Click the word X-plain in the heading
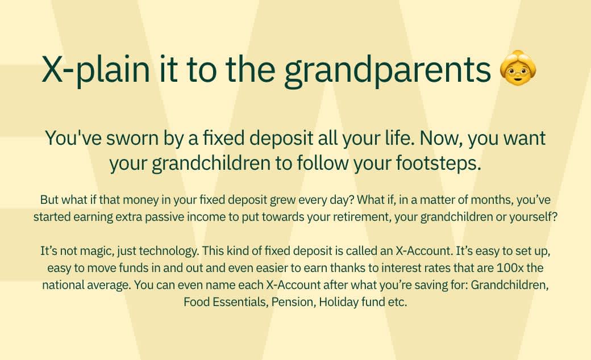point(96,70)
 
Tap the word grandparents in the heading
point(388,70)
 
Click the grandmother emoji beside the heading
point(518,68)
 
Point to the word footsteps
point(438,163)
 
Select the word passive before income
point(164,217)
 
